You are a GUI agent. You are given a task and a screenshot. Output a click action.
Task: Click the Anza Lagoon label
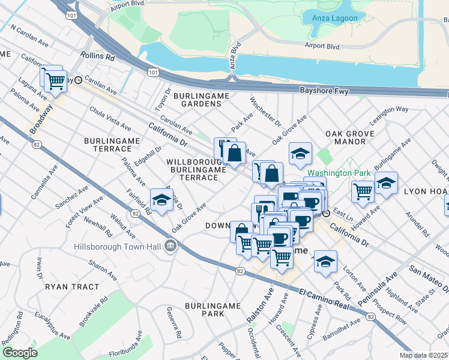[x=335, y=18]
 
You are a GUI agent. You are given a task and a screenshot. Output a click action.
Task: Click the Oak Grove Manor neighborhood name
[x=345, y=137]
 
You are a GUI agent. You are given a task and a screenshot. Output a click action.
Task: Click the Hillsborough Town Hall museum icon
[x=171, y=245]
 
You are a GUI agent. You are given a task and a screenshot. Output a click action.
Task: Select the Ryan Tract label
[x=71, y=287]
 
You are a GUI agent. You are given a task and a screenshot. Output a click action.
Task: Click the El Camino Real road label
[x=324, y=297]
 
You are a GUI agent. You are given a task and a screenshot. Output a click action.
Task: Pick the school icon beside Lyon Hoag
[x=387, y=182]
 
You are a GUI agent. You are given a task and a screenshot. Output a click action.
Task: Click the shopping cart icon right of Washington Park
[x=363, y=191]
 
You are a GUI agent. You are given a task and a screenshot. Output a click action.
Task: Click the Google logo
[x=20, y=353]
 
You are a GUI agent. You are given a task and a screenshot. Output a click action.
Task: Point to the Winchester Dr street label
[x=265, y=112]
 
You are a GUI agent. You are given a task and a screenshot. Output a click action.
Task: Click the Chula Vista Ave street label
[x=110, y=119]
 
